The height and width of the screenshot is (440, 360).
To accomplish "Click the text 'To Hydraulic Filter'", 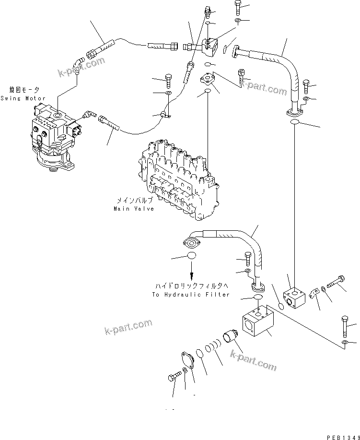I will (191, 294).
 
